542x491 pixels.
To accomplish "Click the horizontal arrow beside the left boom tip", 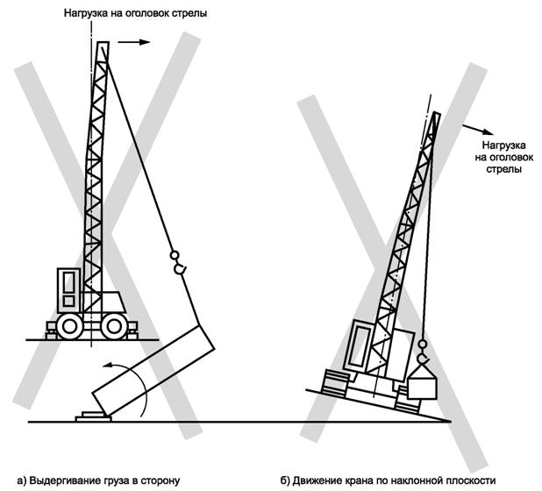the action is coord(134,42).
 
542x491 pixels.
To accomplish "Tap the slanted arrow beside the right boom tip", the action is coord(478,129).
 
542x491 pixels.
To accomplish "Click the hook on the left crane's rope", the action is coord(178,263).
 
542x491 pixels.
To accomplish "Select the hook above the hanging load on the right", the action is coord(423,352).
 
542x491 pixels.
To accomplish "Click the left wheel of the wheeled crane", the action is coord(69,326).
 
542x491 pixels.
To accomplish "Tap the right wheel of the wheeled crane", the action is coord(114,326).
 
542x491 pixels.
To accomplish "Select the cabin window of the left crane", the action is coord(69,281).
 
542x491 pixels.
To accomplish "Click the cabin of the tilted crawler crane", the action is coord(360,345).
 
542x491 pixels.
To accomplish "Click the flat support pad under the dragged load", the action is coord(93,416).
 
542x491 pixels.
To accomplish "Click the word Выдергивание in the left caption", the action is coord(65,480).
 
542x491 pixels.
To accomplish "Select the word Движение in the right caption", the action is coord(316,480).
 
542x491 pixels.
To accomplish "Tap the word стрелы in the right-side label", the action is coord(504,169).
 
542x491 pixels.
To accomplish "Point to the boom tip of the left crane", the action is coord(103,42).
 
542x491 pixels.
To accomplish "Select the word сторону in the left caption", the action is coord(162,480).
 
